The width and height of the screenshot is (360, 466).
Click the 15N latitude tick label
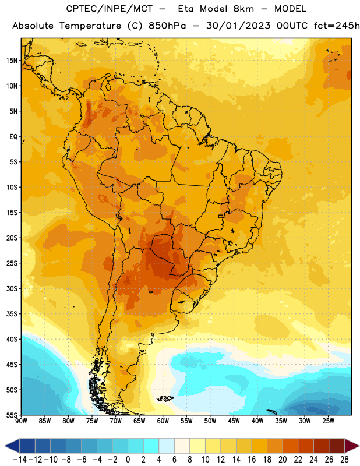[x=12, y=61]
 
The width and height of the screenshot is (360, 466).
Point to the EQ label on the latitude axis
[x=13, y=137]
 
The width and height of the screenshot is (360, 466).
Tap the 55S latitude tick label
[x=12, y=415]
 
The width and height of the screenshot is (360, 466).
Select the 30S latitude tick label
[x=12, y=288]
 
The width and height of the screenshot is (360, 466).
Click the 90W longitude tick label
[x=21, y=421]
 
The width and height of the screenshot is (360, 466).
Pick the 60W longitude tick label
[x=163, y=421]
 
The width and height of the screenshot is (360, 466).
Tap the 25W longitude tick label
[x=328, y=421]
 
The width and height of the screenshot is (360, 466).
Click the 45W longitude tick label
[x=234, y=421]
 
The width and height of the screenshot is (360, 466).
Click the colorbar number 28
[x=344, y=460]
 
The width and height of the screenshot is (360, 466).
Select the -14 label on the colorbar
[x=20, y=460]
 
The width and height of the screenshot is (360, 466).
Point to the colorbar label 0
[x=128, y=460]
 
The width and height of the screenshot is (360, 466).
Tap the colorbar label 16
[x=252, y=460]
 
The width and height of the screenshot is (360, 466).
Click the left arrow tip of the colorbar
[x=5, y=446]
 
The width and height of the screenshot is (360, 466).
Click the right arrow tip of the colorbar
[x=359, y=446]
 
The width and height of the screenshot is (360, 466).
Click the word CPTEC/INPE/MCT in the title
[x=110, y=9]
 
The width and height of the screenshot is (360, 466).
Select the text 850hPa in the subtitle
[x=167, y=26]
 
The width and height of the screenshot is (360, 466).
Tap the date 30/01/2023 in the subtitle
[x=238, y=26]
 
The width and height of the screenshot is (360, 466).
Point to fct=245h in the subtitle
[x=337, y=26]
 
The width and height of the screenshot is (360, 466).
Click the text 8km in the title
[x=243, y=9]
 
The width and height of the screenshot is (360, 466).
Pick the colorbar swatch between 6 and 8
[x=182, y=446]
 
